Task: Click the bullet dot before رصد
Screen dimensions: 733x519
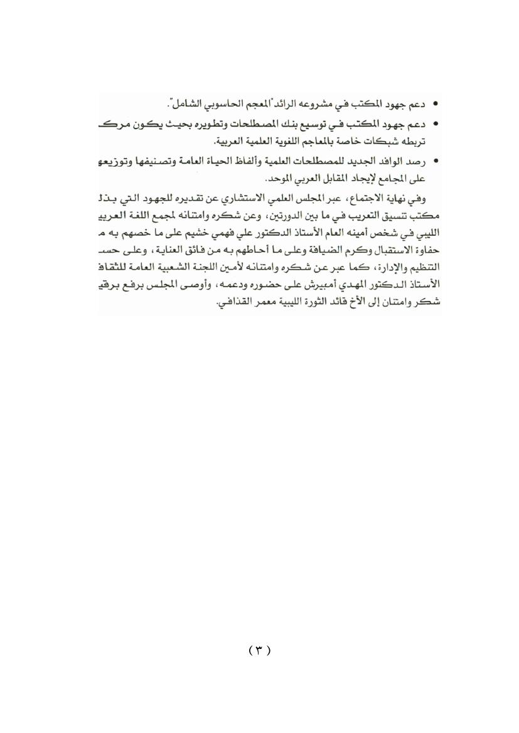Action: pos(435,161)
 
